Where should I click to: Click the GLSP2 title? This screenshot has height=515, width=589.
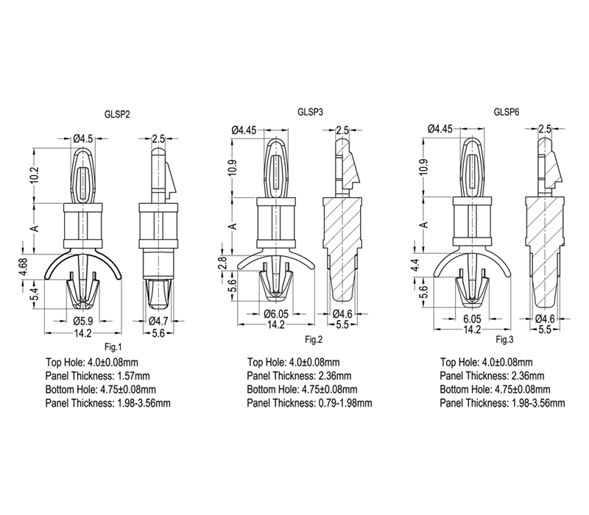pos(117,115)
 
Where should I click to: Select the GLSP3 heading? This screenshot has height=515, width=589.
pos(310,112)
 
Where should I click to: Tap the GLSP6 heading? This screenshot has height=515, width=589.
pos(507,112)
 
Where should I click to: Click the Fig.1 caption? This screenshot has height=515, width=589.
pos(113,347)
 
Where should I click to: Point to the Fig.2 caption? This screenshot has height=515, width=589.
pos(314,340)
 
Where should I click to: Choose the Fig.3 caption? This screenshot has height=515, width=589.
pos(504,340)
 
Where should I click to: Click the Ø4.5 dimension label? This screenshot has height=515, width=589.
pos(83,139)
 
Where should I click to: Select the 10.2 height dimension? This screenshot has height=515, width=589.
pos(35,175)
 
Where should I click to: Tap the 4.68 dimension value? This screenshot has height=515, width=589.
pos(24,266)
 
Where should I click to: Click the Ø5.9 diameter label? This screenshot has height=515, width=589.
pos(83,321)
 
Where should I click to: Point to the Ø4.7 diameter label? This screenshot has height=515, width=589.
pos(158,321)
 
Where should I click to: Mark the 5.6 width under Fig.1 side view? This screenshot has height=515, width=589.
pos(158,333)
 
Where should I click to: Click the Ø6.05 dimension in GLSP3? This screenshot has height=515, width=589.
pos(276,313)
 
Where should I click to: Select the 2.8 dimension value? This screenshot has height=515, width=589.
pos(222,263)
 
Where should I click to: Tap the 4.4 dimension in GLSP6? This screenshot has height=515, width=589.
pos(414,265)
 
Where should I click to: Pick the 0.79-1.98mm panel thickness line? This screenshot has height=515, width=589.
pos(309,403)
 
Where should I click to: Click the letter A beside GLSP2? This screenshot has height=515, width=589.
pos(35,228)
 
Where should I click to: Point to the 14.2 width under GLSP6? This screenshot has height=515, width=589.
pos(472,329)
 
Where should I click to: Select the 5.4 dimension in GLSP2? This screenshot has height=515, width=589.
pos(35,293)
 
